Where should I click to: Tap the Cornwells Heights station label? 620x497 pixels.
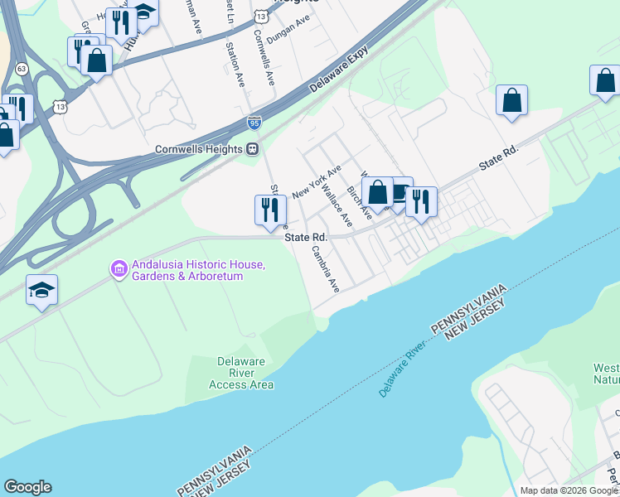pos(200,150)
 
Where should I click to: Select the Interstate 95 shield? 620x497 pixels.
pos(254,123)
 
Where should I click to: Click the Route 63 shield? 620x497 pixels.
pos(22,68)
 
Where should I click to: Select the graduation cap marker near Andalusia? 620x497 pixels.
pos(41,290)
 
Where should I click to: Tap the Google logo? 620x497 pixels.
pos(27,487)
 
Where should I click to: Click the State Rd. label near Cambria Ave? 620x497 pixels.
pos(306,237)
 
